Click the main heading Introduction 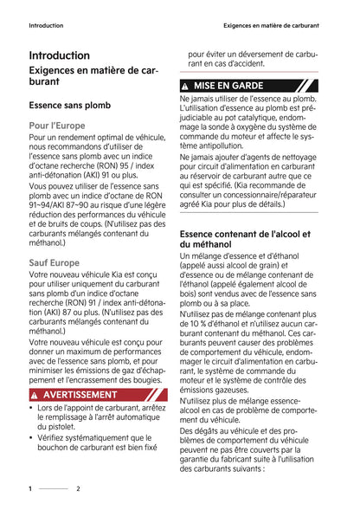pyautogui.click(x=59, y=55)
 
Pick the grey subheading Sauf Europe pyautogui.click(x=54, y=262)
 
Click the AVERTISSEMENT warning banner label pyautogui.click(x=80, y=394)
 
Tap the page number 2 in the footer pyautogui.click(x=78, y=488)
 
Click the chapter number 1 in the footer pyautogui.click(x=30, y=488)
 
